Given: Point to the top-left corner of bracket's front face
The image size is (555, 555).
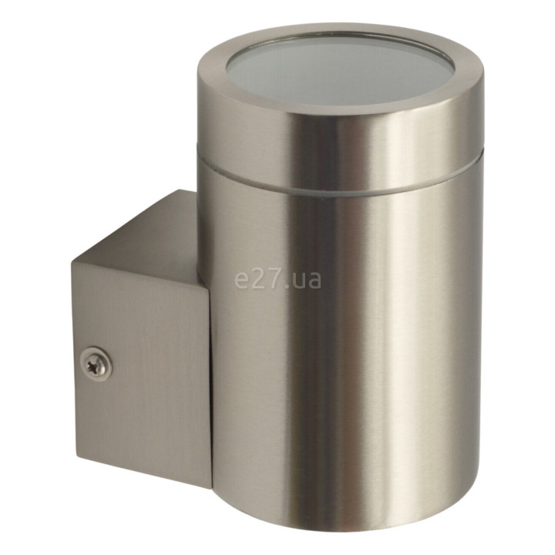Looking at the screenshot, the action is (72, 261).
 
